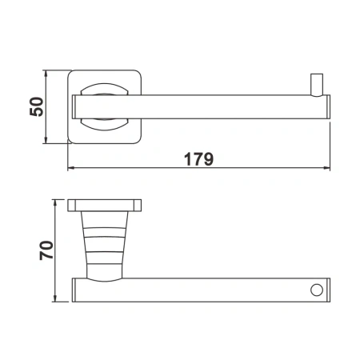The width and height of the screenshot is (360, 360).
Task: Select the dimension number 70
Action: (46, 250)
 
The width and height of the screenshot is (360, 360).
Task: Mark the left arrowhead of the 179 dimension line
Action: (70, 169)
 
